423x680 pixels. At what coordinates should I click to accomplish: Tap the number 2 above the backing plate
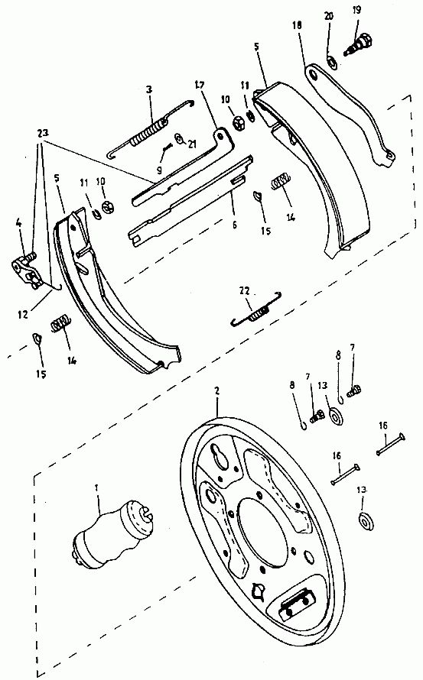[216, 390]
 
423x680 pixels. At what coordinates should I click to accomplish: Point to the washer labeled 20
[332, 63]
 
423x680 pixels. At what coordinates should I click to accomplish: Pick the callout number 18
[297, 25]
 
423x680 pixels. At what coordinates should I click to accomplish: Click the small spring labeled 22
[257, 309]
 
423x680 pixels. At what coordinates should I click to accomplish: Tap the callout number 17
[200, 84]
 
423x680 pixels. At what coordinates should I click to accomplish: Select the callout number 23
[43, 132]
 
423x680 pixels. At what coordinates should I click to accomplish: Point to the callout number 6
[235, 225]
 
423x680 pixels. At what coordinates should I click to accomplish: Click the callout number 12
[23, 315]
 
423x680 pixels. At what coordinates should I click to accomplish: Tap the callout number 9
[159, 170]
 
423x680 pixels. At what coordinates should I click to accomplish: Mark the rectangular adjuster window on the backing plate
[296, 605]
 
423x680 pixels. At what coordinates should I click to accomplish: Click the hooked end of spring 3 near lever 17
[190, 102]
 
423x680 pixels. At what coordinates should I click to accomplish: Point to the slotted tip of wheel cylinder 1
[148, 512]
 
